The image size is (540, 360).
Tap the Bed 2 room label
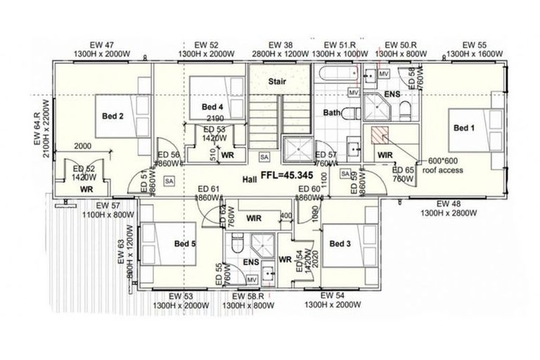tap(112, 117)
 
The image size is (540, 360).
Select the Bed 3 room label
tap(340, 244)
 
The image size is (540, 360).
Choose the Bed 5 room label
tap(185, 244)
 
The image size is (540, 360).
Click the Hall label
tap(251, 179)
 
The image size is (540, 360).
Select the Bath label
tap(332, 112)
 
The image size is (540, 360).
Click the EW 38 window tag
tap(281, 44)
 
